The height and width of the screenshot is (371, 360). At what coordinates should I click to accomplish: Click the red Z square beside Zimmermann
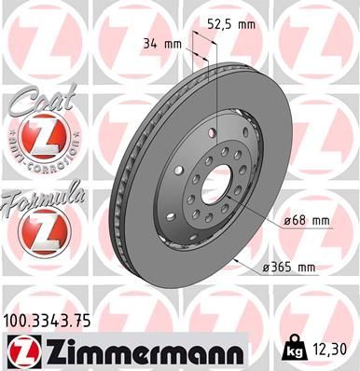[21, 351]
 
